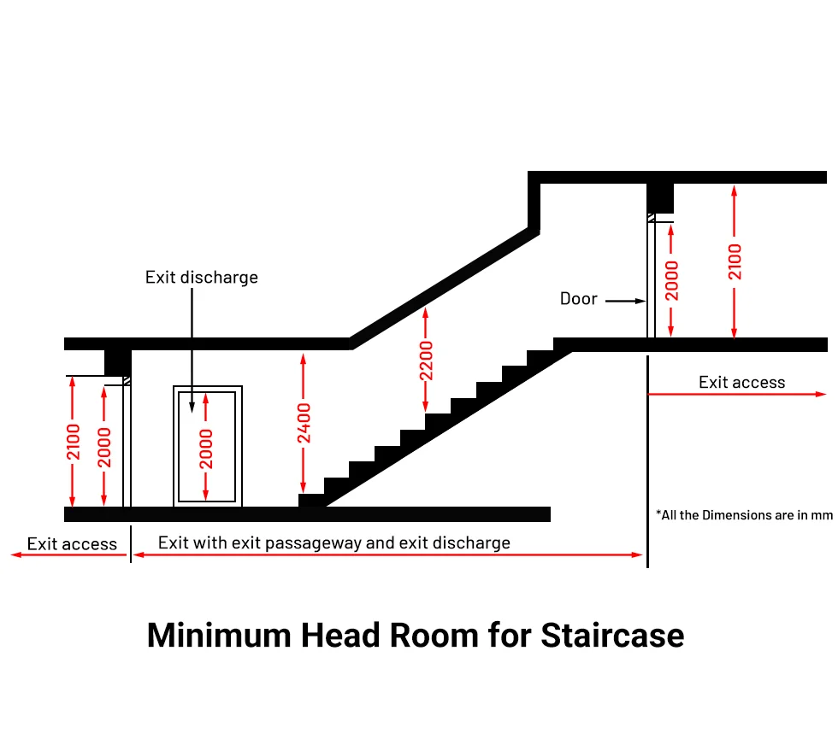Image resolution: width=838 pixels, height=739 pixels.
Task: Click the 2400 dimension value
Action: pos(304,423)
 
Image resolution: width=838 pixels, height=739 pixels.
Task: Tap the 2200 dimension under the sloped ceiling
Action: pos(426,361)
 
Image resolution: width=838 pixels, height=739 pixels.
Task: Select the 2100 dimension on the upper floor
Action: pos(735,261)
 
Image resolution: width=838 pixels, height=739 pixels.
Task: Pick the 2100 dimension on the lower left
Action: pos(74,442)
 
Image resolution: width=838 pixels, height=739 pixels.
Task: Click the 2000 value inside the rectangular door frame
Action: pos(206,449)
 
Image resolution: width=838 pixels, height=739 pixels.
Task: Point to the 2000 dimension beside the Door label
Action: pos(672,281)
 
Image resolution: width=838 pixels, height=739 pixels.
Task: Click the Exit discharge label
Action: pos(202,277)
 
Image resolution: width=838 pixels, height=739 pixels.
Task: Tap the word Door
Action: pos(578,299)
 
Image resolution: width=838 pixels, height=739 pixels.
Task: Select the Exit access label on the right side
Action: pos(741,382)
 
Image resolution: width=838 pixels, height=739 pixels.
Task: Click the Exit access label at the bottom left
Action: pos(72,543)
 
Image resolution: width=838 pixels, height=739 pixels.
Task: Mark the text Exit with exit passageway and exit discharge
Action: pos(334,543)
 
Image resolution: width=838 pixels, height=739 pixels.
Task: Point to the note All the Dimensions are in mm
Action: pos(744,515)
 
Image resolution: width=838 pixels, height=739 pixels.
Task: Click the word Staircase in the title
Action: pos(612,636)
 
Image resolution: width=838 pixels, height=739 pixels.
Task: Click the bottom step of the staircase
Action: pos(312,500)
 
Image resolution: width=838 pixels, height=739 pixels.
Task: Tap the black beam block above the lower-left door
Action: pos(117,361)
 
